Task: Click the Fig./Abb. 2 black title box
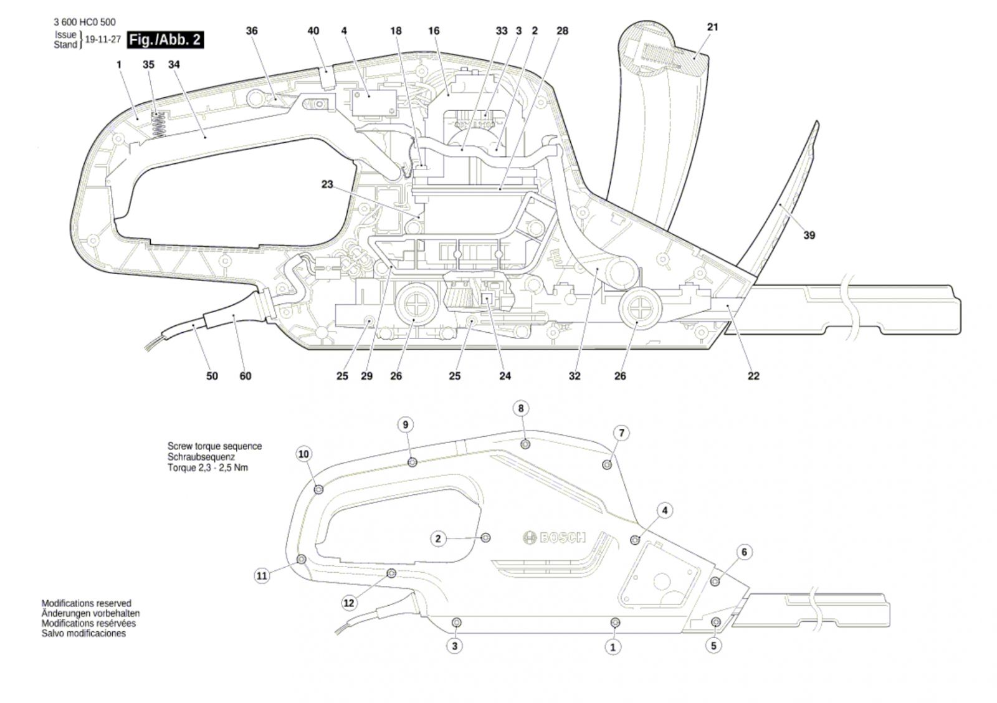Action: [x=165, y=40]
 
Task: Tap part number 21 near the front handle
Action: [x=713, y=27]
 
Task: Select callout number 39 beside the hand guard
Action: [x=809, y=235]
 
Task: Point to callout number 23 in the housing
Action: [x=327, y=184]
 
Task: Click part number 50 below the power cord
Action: [x=212, y=376]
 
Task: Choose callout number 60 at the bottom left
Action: [x=246, y=376]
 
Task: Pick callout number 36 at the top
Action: [x=252, y=31]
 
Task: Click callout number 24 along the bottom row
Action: [x=505, y=376]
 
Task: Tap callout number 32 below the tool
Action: [x=575, y=376]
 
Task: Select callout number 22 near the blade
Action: [x=753, y=376]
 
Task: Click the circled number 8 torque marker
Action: [x=521, y=408]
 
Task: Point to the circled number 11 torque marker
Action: [x=262, y=576]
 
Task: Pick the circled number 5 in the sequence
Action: [x=713, y=646]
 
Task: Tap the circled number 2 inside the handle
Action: [x=438, y=538]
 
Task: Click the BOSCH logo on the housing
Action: [x=554, y=537]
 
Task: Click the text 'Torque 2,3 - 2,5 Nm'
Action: [x=208, y=468]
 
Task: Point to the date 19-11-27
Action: [x=103, y=39]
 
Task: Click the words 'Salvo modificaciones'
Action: [x=83, y=634]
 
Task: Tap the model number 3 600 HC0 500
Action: [x=85, y=22]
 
